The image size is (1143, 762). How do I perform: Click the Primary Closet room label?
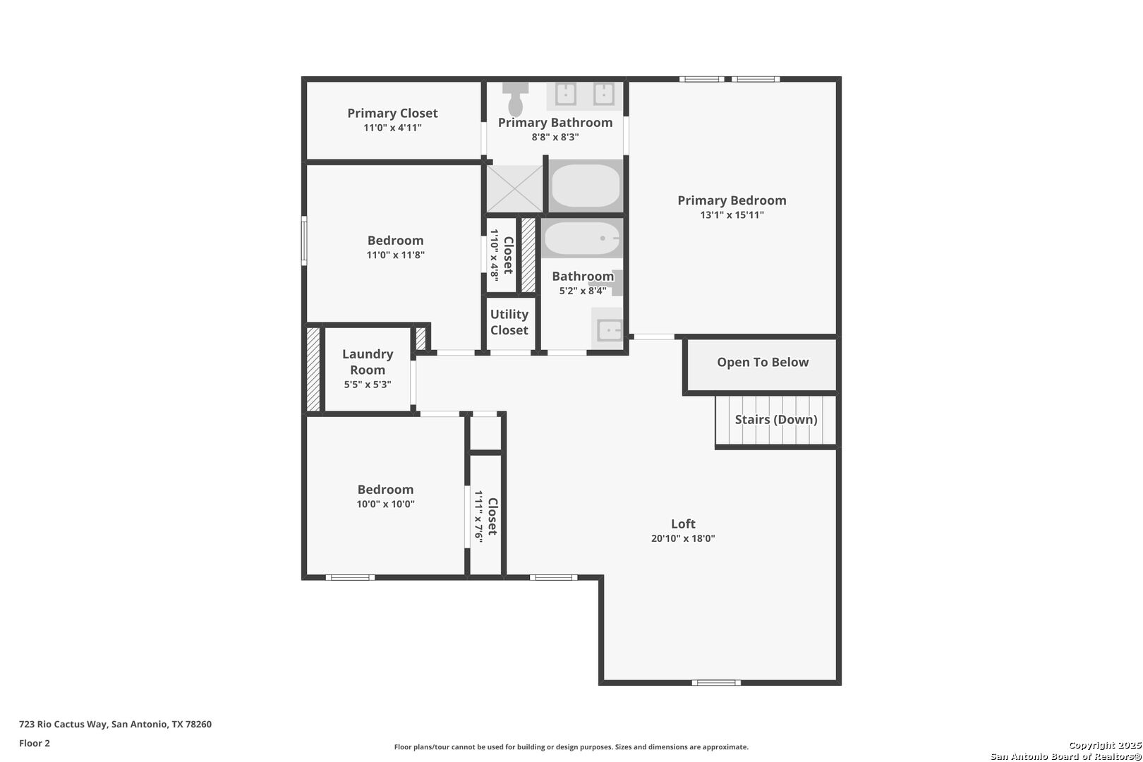click(x=392, y=113)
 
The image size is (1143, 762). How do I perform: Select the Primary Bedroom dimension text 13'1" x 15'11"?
click(x=732, y=215)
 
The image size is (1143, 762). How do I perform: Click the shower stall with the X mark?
click(x=514, y=189)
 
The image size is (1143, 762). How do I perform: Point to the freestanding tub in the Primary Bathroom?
click(x=586, y=186)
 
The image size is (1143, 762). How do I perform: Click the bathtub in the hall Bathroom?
click(x=582, y=238)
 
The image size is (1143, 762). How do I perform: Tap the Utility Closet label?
click(x=509, y=322)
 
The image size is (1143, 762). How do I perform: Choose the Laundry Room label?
click(x=368, y=362)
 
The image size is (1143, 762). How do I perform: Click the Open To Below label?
click(x=763, y=363)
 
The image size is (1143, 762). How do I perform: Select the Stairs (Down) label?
click(x=776, y=420)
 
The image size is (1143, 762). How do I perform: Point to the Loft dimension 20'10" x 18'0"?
click(x=683, y=538)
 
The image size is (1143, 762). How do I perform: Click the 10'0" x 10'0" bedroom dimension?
click(x=385, y=504)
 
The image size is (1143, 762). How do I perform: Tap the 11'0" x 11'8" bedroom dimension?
click(x=395, y=255)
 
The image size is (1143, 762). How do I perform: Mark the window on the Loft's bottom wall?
click(x=716, y=682)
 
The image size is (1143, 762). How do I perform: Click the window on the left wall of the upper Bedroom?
click(x=304, y=241)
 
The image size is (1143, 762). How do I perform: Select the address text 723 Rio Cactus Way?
click(x=64, y=724)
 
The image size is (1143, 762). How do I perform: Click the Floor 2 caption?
click(x=35, y=743)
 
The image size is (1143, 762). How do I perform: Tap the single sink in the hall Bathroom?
click(x=610, y=329)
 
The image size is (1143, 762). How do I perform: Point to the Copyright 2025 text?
click(x=1105, y=745)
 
